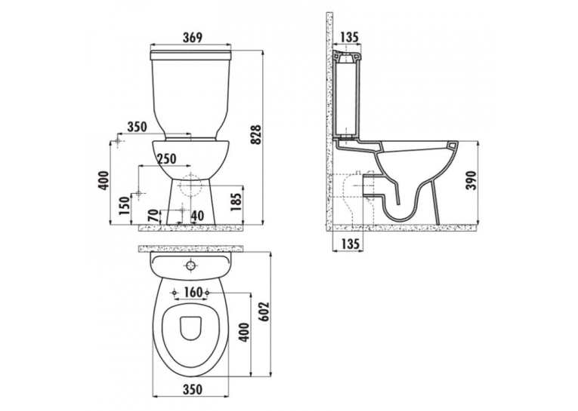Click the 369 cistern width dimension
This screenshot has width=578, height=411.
pyautogui.click(x=193, y=38)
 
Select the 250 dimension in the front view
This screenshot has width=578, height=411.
pyautogui.click(x=167, y=159)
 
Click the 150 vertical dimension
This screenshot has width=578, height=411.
pyautogui.click(x=125, y=206)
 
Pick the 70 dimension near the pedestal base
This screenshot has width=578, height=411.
pyautogui.click(x=154, y=215)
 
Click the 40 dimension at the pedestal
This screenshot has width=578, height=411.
pyautogui.click(x=197, y=216)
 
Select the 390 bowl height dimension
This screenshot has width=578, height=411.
pyautogui.click(x=471, y=180)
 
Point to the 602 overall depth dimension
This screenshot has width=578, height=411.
pyautogui.click(x=264, y=312)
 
